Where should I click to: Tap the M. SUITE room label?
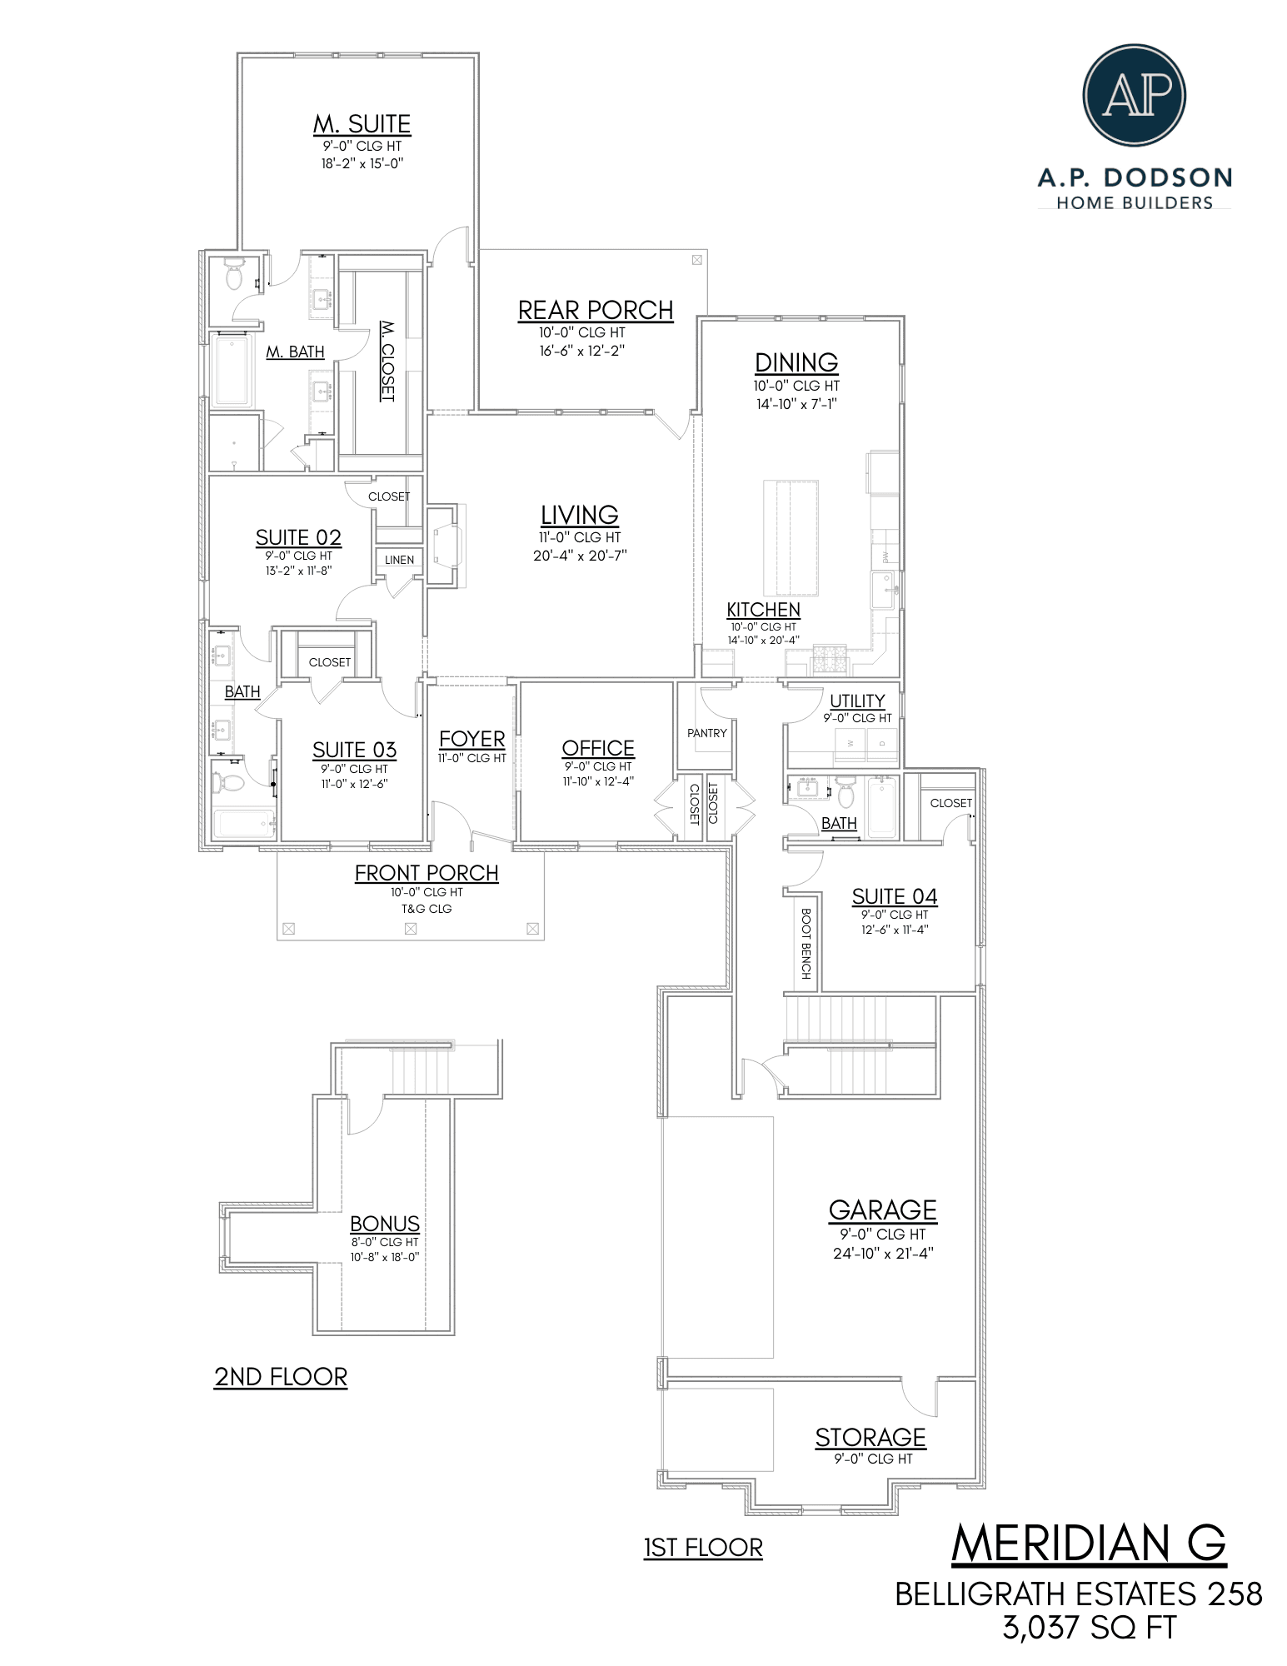pos(362,124)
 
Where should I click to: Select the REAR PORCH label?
pos(595,310)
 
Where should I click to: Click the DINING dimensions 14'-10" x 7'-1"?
pos(796,404)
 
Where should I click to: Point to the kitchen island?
pos(791,537)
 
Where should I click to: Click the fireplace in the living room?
pos(444,546)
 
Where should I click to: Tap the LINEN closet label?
pos(399,560)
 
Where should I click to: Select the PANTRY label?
pos(706,733)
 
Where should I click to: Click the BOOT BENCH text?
pos(806,943)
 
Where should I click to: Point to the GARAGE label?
pos(882,1210)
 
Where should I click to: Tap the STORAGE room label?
pos(870,1437)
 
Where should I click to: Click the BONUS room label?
pos(384,1223)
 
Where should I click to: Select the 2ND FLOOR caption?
pos(281,1376)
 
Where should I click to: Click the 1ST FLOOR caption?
pos(703,1548)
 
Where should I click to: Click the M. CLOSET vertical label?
pos(387,361)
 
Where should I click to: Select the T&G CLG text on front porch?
pos(427,909)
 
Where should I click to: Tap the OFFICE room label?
pos(597,748)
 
